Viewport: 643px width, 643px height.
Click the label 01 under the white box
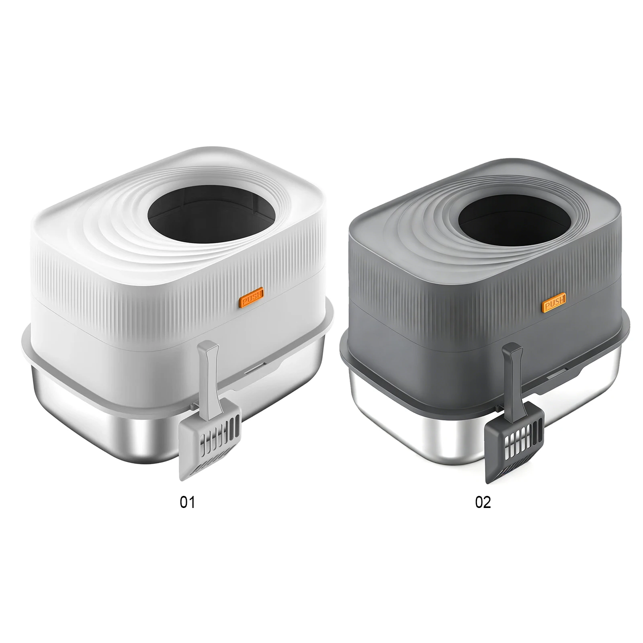pyautogui.click(x=187, y=502)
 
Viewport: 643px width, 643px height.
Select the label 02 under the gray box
pyautogui.click(x=483, y=502)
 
